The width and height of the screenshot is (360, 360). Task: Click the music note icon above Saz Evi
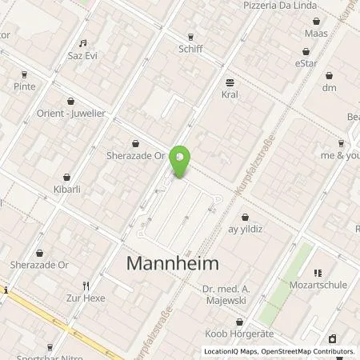pyautogui.click(x=82, y=44)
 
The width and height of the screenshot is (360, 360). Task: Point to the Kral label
pyautogui.click(x=230, y=94)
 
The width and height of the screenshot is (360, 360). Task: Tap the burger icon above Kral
pyautogui.click(x=230, y=82)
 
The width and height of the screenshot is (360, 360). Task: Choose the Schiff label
pyautogui.click(x=190, y=48)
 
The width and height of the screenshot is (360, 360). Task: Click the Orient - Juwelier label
pyautogui.click(x=70, y=113)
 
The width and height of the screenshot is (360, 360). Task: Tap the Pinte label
pyautogui.click(x=25, y=85)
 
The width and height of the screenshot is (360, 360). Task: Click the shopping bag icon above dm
pyautogui.click(x=329, y=74)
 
